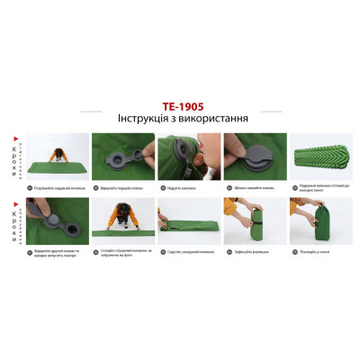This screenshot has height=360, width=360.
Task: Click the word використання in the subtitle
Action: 215,117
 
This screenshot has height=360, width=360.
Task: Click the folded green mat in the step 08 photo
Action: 184,225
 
